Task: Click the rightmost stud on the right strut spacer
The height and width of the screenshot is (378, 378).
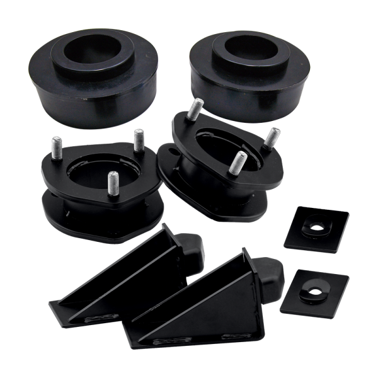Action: point(273,139)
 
